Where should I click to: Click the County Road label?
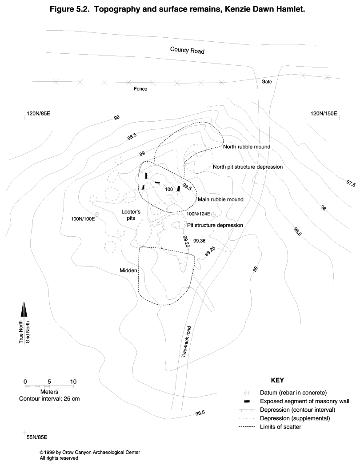coord(187,51)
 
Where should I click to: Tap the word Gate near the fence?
coord(266,82)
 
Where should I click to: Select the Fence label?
coord(140,89)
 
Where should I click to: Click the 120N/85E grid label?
coord(39,114)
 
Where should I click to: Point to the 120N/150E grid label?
coord(324,114)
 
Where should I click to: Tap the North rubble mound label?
coord(247,147)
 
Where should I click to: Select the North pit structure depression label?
coord(248,167)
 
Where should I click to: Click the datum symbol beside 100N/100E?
coord(96,215)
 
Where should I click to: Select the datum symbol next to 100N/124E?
coord(213,215)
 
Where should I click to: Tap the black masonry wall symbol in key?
coord(247,401)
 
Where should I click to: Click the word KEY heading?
coord(277,381)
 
